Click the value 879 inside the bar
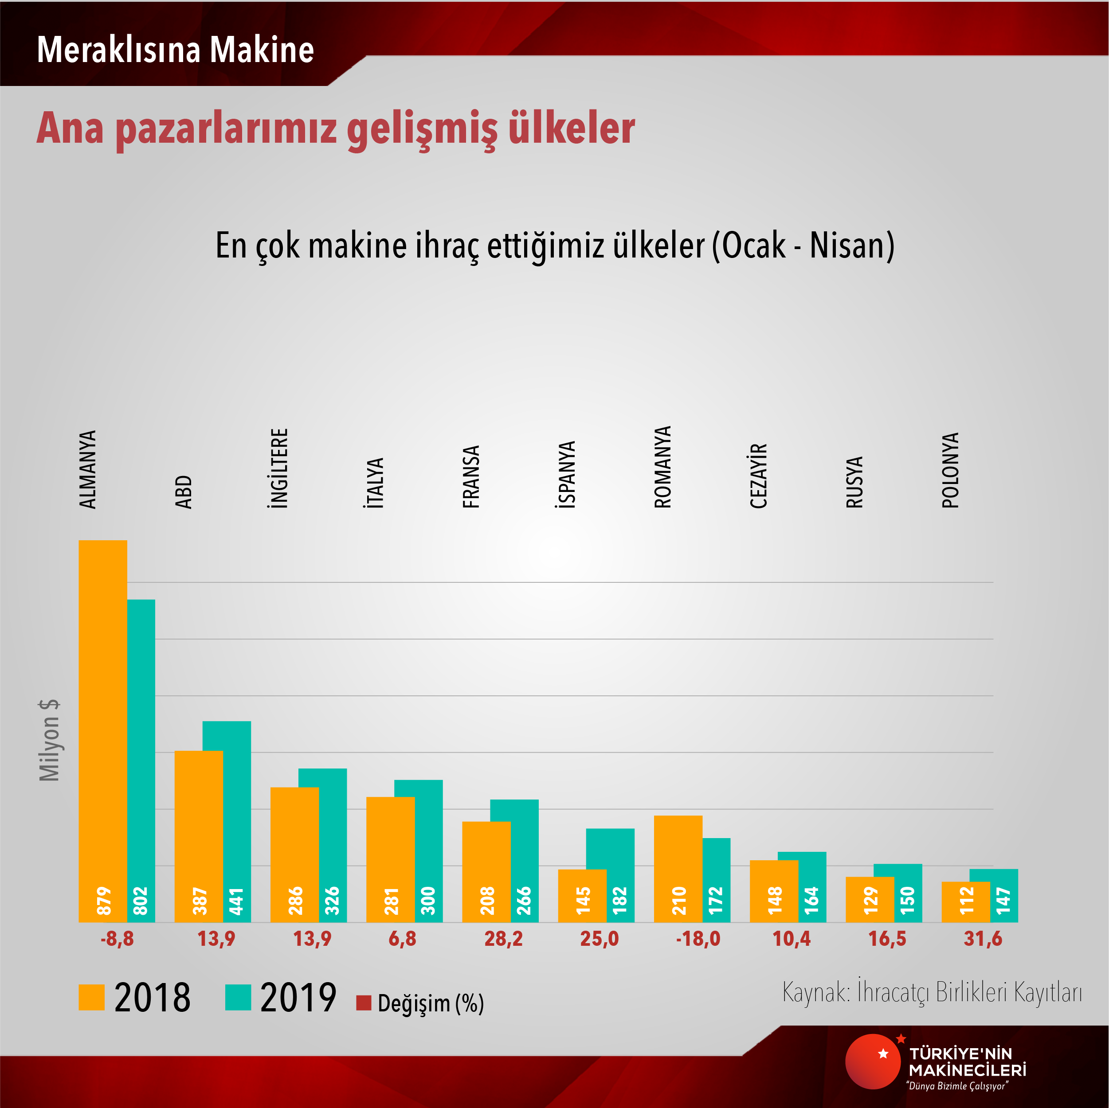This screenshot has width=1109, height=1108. (x=104, y=901)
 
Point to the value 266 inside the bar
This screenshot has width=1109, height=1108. (x=524, y=901)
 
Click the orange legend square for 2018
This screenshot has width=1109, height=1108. (x=91, y=997)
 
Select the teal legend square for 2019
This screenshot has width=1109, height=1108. (x=238, y=997)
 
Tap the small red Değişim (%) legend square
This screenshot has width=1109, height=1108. (x=363, y=1003)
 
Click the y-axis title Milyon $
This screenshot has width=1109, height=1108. (x=49, y=740)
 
